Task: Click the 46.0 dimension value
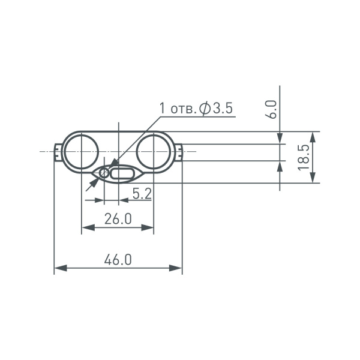click(x=118, y=260)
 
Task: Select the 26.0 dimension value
click(x=118, y=219)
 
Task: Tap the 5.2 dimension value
click(x=142, y=193)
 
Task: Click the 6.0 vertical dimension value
click(x=271, y=110)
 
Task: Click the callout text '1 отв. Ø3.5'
click(x=195, y=109)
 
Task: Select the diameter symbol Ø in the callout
click(x=204, y=109)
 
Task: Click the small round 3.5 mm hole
click(x=104, y=173)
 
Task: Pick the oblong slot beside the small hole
click(x=124, y=174)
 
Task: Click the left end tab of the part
click(x=57, y=152)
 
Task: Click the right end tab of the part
click(x=179, y=152)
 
